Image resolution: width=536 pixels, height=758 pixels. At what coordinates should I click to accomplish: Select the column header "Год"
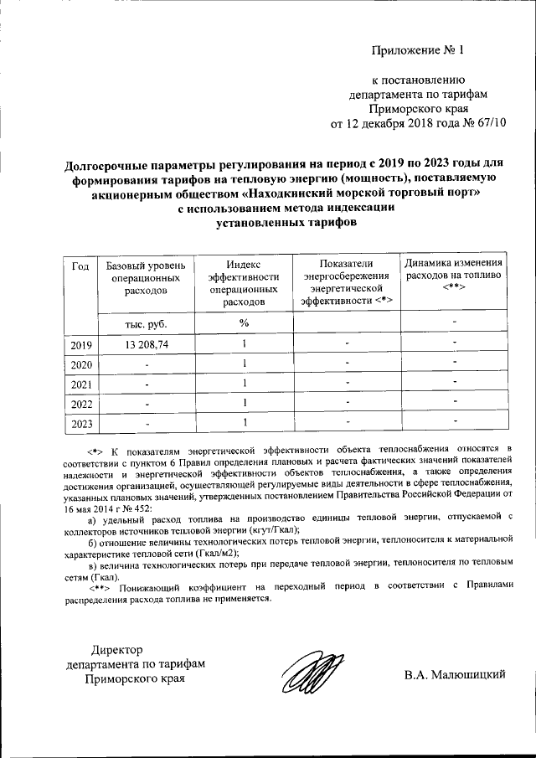click(x=80, y=266)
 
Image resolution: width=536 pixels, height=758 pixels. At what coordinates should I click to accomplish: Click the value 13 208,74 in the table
click(x=147, y=344)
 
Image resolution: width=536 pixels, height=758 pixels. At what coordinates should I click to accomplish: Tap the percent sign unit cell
click(x=244, y=322)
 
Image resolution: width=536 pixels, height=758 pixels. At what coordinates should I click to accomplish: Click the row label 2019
click(x=81, y=344)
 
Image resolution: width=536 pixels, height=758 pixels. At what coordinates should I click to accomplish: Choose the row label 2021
click(x=81, y=384)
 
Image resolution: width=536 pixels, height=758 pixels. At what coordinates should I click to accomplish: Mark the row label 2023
click(x=81, y=425)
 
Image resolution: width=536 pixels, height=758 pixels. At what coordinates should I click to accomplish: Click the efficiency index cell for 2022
click(x=244, y=403)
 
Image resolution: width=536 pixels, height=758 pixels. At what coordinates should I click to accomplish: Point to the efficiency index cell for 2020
click(x=244, y=364)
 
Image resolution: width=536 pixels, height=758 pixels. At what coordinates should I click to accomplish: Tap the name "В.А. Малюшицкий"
click(x=454, y=674)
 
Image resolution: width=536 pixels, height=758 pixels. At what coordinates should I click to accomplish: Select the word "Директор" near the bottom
click(x=118, y=648)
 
